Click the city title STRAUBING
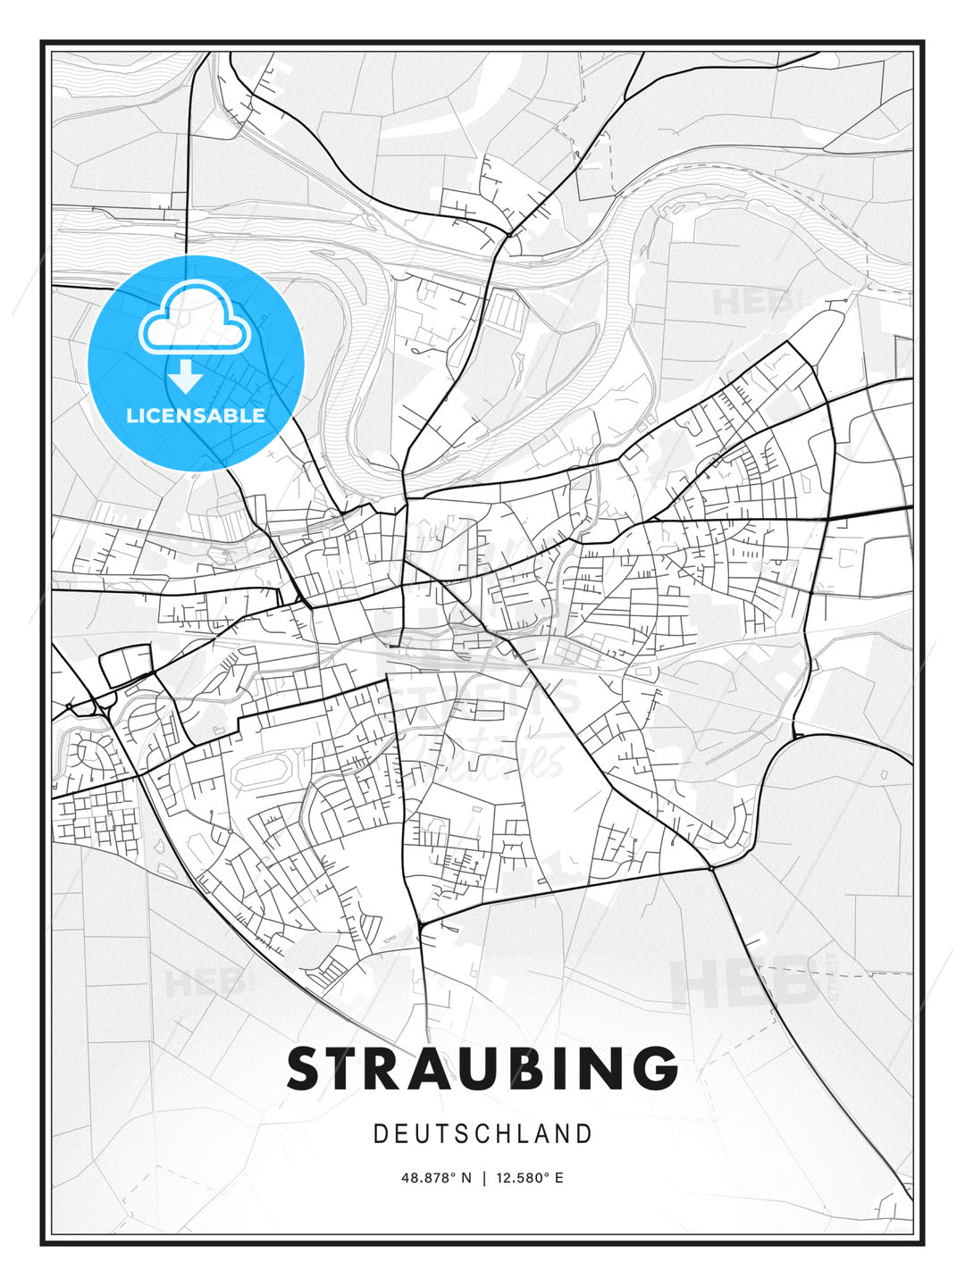click(x=482, y=1069)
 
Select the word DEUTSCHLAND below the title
click(x=482, y=1134)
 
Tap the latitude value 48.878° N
click(x=436, y=1178)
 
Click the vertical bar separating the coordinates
click(x=483, y=1178)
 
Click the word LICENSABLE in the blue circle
click(x=196, y=415)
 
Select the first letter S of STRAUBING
click(x=306, y=1069)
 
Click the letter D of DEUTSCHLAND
click(x=380, y=1134)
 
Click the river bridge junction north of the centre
click(x=508, y=235)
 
